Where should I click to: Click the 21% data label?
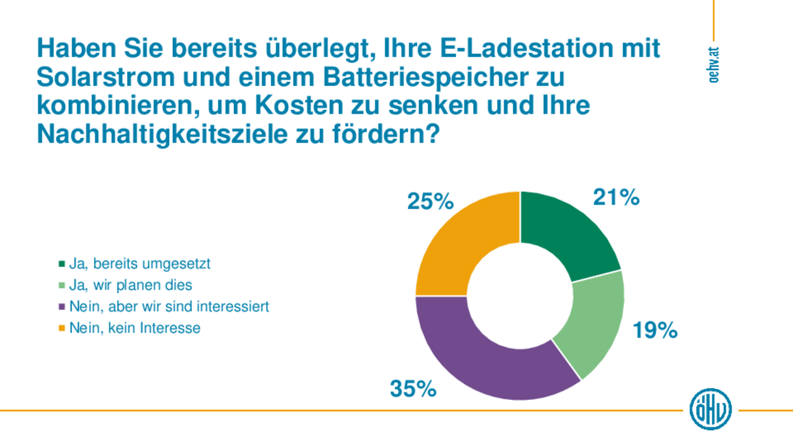[616, 198]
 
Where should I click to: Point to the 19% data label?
[655, 330]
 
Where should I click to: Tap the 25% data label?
[430, 202]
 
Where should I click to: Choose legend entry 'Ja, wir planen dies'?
[130, 285]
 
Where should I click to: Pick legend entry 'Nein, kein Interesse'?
[135, 328]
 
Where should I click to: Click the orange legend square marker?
[62, 328]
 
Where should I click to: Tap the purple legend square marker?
[62, 306]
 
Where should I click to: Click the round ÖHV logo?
[710, 409]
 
